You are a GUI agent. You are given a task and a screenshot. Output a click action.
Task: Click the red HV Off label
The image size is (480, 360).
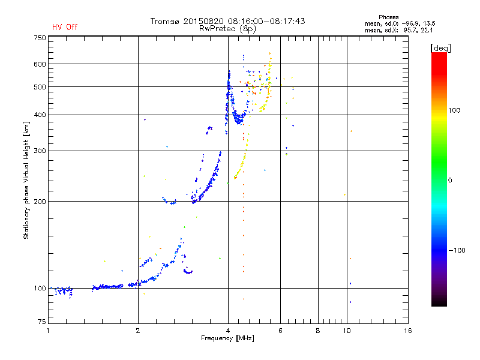64,27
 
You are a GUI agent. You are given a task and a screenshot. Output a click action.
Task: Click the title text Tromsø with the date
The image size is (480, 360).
227,21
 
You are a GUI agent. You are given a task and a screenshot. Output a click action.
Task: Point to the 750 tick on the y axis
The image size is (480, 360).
40,37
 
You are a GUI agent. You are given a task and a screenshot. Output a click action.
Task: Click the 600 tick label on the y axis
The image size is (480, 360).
40,64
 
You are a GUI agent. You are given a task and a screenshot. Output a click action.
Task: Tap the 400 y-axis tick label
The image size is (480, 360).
40,115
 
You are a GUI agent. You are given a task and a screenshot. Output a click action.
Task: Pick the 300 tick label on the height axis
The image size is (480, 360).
40,151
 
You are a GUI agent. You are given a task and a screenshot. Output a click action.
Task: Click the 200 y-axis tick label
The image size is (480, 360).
40,202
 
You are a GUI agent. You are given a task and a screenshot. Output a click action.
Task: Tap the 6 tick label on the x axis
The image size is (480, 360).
280,331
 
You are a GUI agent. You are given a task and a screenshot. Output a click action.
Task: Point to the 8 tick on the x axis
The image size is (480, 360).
318,331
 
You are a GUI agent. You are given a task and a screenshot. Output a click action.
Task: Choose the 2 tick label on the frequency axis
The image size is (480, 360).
138,331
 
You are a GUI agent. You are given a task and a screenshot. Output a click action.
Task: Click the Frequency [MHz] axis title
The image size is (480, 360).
227,339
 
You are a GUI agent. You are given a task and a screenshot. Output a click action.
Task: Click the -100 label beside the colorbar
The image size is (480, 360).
458,250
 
